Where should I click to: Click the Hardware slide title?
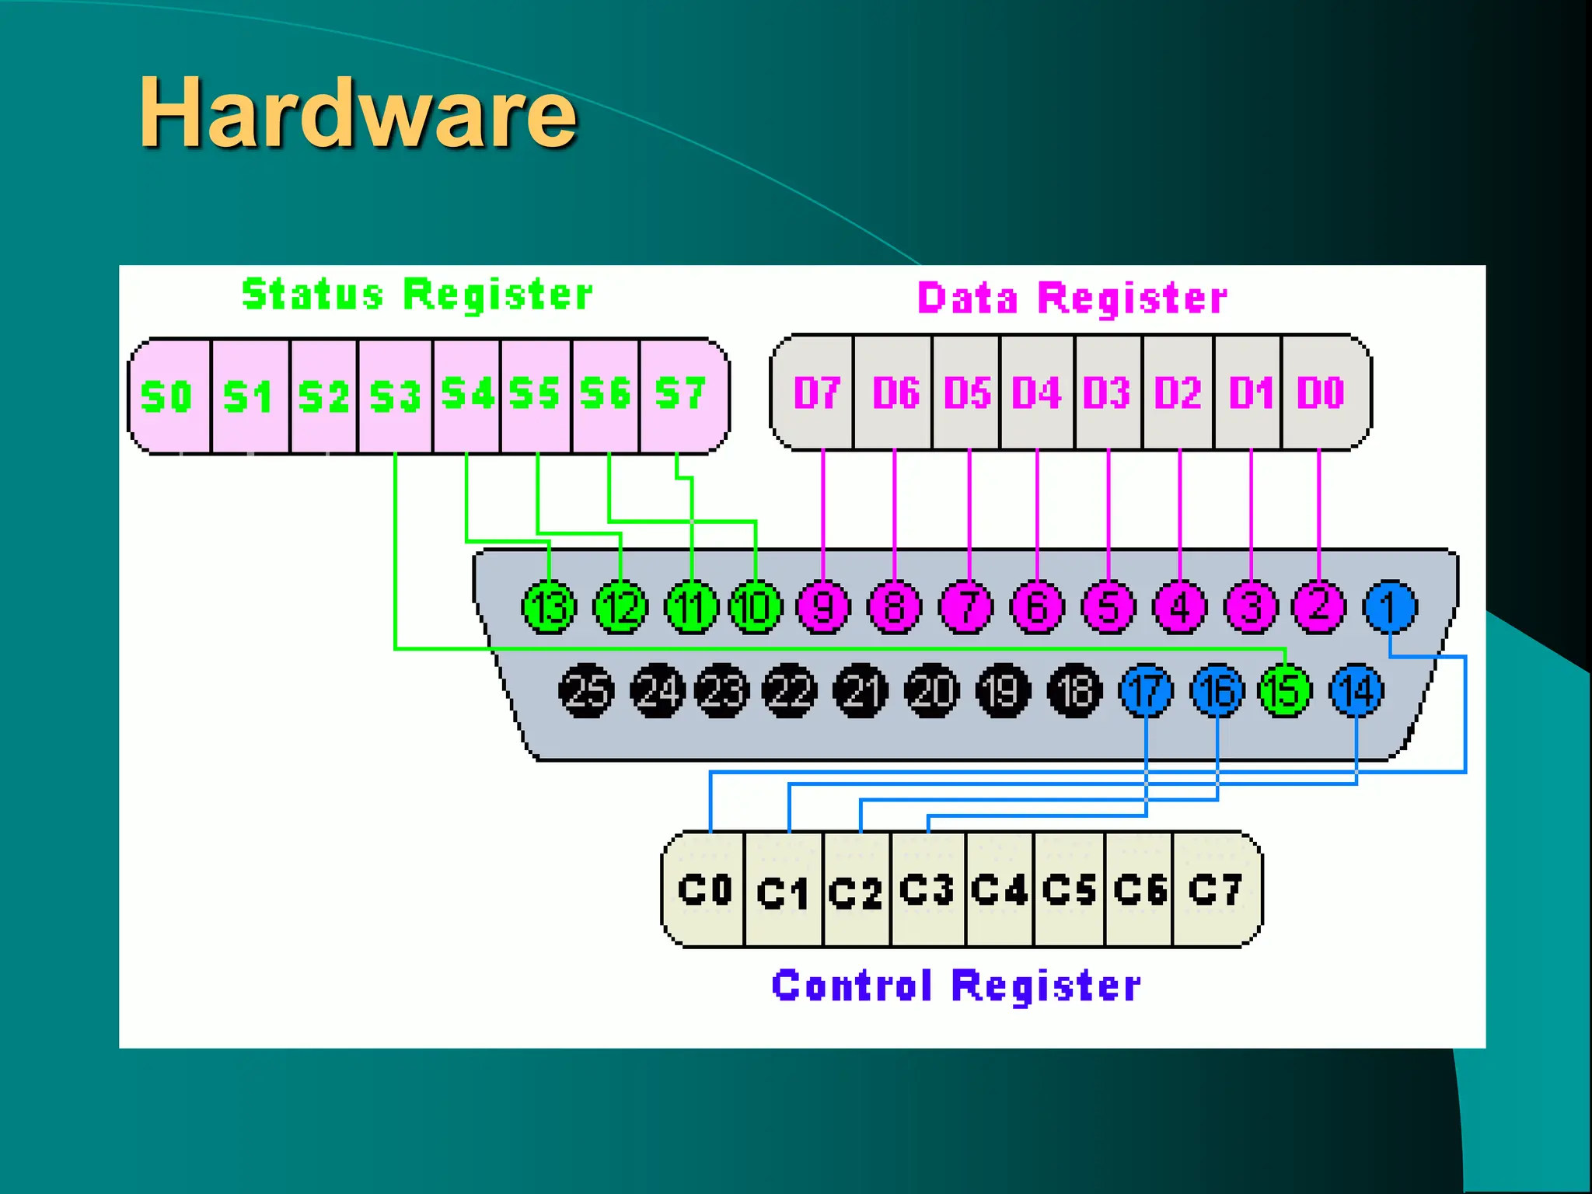pyautogui.click(x=358, y=113)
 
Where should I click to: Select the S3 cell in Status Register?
pyautogui.click(x=395, y=396)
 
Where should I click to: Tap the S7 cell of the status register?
pyautogui.click(x=681, y=394)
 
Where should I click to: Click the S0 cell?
pyautogui.click(x=167, y=396)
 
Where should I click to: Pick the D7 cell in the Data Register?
pyautogui.click(x=815, y=393)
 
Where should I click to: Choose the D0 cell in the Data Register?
pyautogui.click(x=1321, y=393)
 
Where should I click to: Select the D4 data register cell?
pyautogui.click(x=1036, y=393)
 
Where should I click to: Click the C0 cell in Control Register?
pyautogui.click(x=704, y=890)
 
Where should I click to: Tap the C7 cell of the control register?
pyautogui.click(x=1214, y=890)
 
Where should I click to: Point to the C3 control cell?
pyautogui.click(x=927, y=890)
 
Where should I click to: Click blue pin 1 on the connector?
pyautogui.click(x=1390, y=607)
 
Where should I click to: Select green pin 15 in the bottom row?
pyautogui.click(x=1284, y=690)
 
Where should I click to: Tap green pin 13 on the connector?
pyautogui.click(x=550, y=607)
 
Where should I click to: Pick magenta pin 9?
pyautogui.click(x=823, y=607)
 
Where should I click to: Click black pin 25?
pyautogui.click(x=586, y=690)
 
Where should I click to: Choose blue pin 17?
pyautogui.click(x=1146, y=690)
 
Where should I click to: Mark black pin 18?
pyautogui.click(x=1075, y=690)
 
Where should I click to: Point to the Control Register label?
pyautogui.click(x=956, y=986)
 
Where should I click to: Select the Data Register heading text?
pyautogui.click(x=1072, y=298)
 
